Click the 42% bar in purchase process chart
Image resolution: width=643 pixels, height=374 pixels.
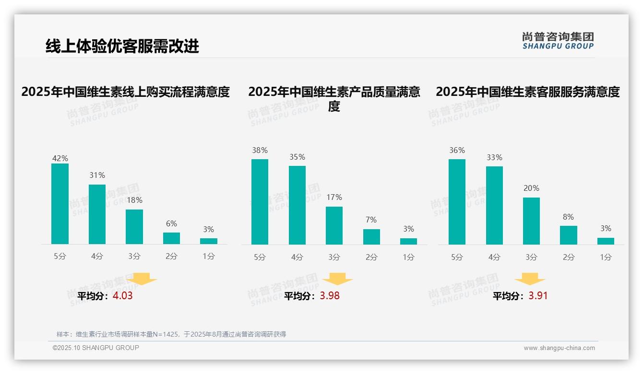pos(60,204)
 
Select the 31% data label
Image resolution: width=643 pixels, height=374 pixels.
pos(97,175)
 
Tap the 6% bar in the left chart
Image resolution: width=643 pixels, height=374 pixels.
pos(171,238)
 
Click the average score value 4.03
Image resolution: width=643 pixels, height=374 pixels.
pos(122,296)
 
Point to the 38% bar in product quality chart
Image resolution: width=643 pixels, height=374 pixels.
pos(260,202)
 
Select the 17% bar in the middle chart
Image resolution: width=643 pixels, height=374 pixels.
pos(334,225)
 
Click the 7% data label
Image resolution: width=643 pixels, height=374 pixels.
pos(371,220)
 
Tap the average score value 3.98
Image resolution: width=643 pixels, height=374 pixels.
pos(330,296)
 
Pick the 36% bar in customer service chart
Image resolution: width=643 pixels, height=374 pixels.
pos(457,202)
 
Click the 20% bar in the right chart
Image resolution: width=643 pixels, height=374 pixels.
pos(531,221)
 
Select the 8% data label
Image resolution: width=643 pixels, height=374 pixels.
pos(568,217)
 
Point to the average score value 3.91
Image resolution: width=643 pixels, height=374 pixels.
pos(538,296)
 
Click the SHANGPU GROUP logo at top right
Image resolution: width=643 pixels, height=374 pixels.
pos(558,40)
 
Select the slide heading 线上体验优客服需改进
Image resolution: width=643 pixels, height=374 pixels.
pos(122,47)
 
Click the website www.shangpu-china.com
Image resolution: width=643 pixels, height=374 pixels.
pos(559,348)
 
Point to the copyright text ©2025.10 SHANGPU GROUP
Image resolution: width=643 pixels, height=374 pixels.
pos(96,348)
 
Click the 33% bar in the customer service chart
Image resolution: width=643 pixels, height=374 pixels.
pos(494,205)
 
